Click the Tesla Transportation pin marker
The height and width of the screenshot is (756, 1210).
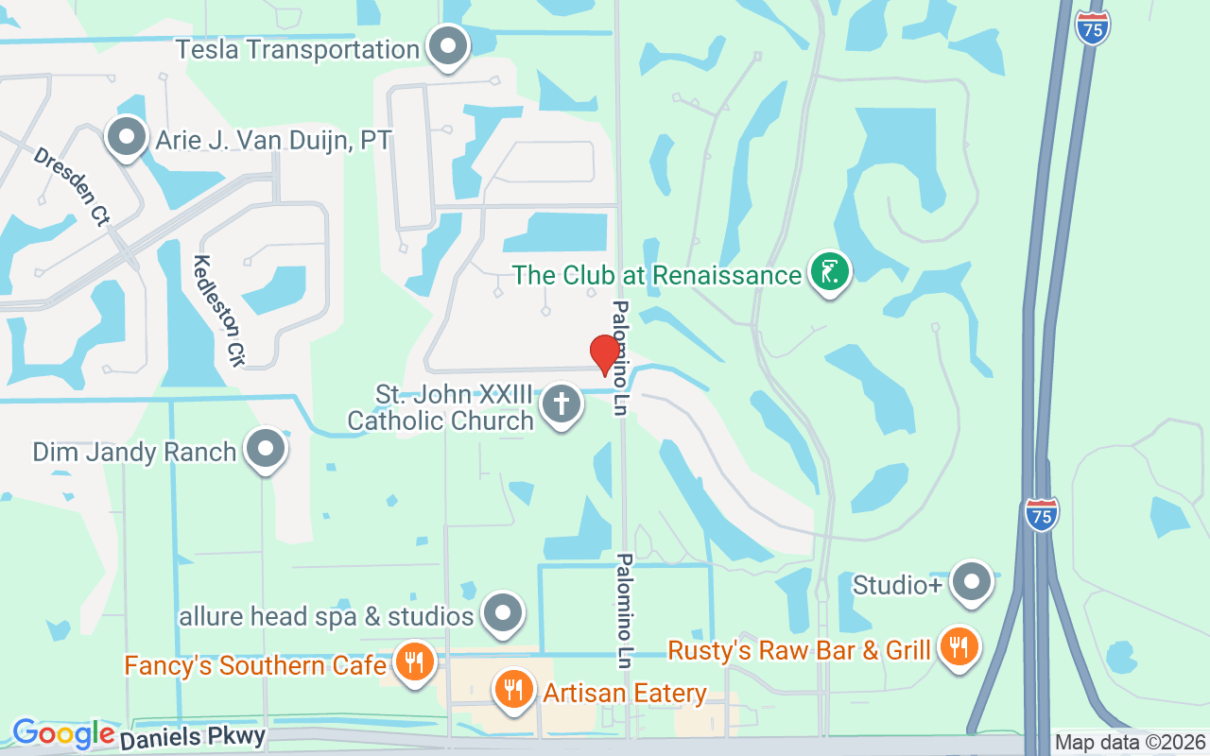coord(448,46)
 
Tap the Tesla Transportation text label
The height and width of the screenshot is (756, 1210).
coord(298,49)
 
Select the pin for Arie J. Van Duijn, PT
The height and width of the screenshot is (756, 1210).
coord(126,138)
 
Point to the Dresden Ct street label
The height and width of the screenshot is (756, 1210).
coord(72,186)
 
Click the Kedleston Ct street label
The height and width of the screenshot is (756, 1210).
coord(218,310)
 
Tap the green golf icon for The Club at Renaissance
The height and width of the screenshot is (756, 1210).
coord(829,272)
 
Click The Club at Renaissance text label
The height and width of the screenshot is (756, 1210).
coord(657,276)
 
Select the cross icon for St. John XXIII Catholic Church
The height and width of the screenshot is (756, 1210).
coord(562,404)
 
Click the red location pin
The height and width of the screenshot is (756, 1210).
coord(605,354)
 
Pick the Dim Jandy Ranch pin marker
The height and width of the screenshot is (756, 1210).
coord(266,449)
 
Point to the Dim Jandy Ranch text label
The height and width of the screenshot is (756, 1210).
coord(134,452)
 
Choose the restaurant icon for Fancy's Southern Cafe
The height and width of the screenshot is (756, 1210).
coord(413,662)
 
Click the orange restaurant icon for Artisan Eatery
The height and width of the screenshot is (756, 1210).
coord(513,690)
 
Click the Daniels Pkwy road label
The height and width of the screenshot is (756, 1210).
coord(193,736)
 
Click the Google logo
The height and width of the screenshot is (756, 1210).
coord(63,733)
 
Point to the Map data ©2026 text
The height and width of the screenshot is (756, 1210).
coord(1130,743)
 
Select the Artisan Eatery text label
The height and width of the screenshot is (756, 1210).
coord(625,694)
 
